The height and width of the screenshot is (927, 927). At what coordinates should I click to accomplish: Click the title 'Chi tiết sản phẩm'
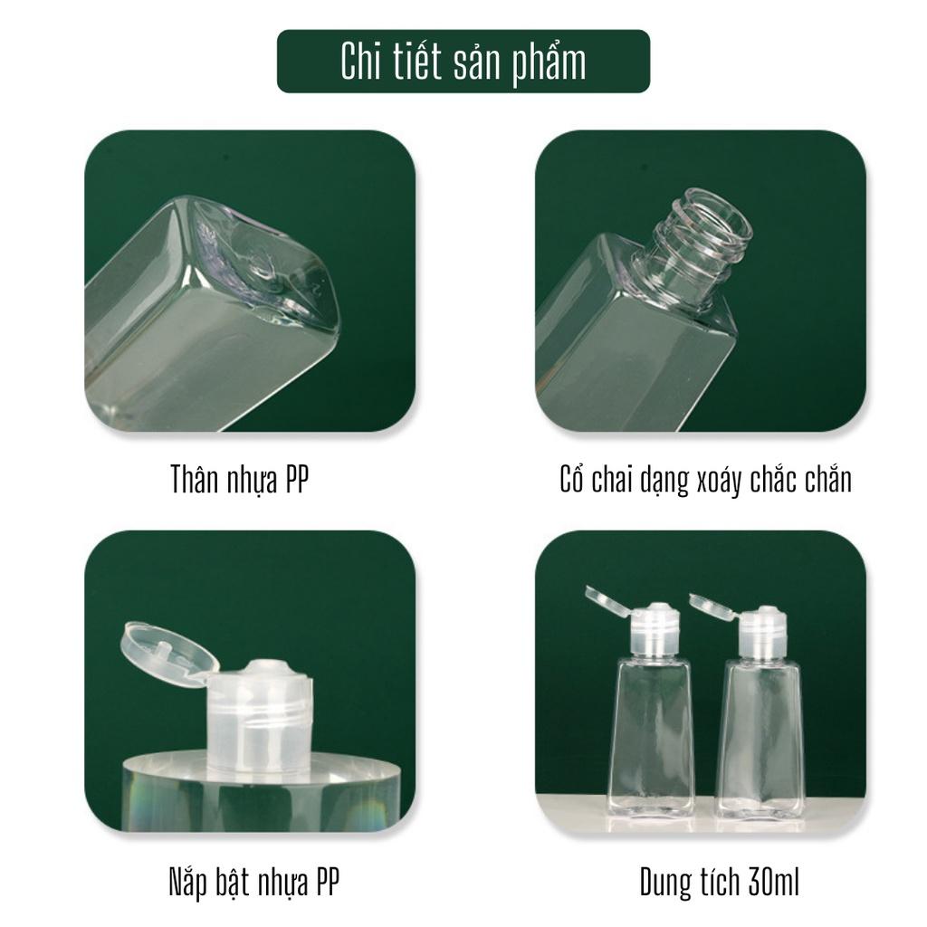(463, 62)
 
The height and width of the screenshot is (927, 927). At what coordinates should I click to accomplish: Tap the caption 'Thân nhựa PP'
(239, 479)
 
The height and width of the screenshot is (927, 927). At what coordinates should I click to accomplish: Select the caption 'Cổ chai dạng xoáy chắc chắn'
(705, 480)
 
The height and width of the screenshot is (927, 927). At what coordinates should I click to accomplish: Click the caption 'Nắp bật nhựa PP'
(254, 882)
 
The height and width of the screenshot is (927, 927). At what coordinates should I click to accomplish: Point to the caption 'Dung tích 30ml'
(719, 882)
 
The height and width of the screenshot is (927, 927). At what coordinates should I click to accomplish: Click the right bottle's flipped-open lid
(713, 607)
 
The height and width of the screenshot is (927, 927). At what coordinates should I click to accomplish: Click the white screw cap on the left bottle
(656, 630)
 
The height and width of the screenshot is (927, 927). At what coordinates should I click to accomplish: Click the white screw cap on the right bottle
(762, 633)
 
